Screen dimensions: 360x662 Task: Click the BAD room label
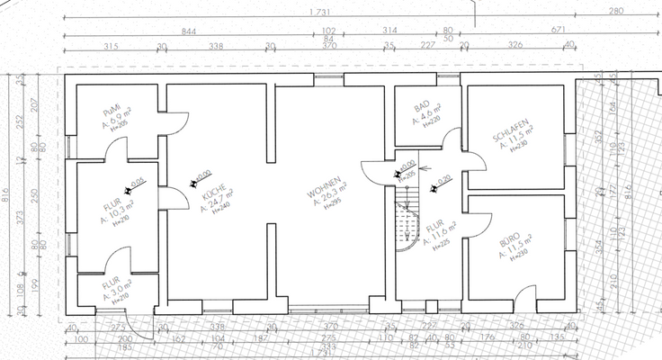pyautogui.click(x=419, y=106)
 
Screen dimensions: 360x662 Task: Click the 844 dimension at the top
pyautogui.click(x=189, y=30)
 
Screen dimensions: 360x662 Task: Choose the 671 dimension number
pyautogui.click(x=530, y=30)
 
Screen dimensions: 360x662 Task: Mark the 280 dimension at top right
pyautogui.click(x=615, y=12)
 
